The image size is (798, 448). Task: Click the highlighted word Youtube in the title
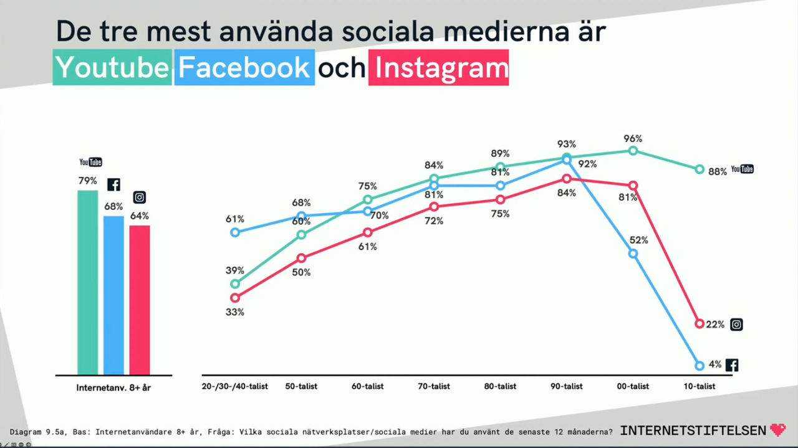tap(112, 67)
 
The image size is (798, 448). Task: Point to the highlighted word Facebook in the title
tap(244, 67)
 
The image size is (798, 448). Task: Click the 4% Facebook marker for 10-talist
tap(699, 366)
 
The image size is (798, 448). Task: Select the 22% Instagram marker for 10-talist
tap(699, 324)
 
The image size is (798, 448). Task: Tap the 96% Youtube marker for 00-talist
tap(633, 151)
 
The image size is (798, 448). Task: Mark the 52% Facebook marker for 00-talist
tap(633, 254)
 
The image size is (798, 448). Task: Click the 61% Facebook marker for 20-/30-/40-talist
tap(235, 232)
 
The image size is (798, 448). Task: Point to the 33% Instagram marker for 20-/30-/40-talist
tap(235, 297)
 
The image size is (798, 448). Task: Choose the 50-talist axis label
tap(301, 386)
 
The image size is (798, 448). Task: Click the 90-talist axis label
tap(566, 386)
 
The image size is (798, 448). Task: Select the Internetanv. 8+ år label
tap(113, 388)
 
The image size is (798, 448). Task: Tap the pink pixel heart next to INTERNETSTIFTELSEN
tap(778, 430)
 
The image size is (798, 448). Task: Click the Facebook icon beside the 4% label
tap(732, 365)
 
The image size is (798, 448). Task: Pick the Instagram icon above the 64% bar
tap(140, 198)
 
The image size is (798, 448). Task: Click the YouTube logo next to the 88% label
tap(742, 169)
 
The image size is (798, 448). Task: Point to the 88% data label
tap(718, 171)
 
